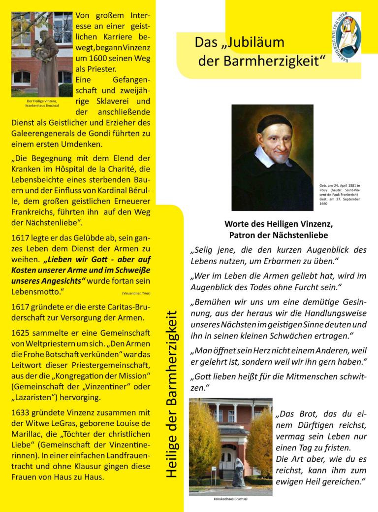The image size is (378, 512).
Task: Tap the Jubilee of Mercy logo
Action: click(346, 37)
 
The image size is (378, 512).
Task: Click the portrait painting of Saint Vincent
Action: click(272, 157)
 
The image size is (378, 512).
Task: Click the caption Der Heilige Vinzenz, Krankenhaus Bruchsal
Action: click(42, 103)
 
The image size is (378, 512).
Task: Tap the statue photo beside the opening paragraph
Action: click(42, 54)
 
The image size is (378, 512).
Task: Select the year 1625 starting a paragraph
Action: click(22, 333)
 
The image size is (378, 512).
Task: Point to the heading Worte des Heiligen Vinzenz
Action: click(278, 223)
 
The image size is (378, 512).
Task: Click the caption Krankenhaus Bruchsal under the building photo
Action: click(230, 499)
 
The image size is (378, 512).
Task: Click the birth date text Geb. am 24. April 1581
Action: click(340, 186)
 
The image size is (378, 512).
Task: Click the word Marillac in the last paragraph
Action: click(28, 434)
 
